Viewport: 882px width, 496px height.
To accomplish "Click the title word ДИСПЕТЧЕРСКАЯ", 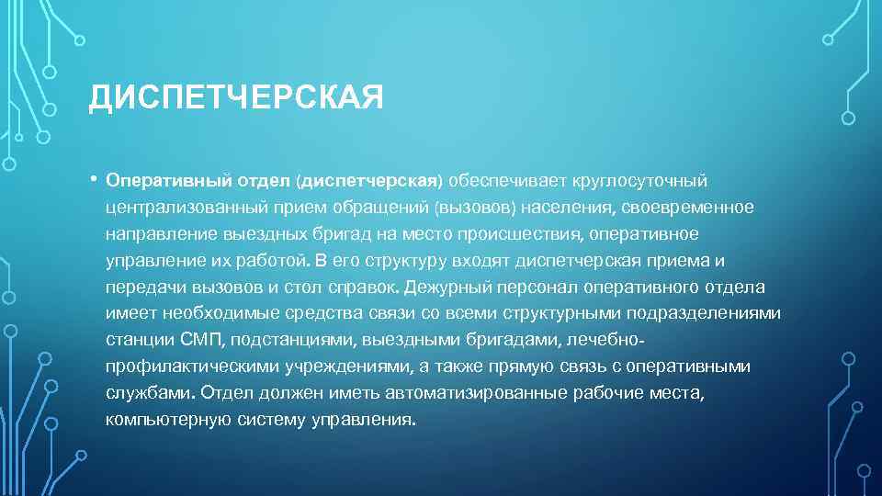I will click(235, 97).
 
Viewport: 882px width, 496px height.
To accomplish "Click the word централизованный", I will click(180, 207).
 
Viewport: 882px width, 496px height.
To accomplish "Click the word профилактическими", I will click(187, 366).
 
